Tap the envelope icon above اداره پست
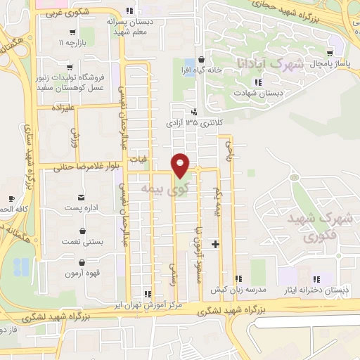82,196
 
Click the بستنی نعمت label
84,242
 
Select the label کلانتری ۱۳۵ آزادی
193,122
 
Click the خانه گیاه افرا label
202,70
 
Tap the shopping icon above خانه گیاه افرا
202,59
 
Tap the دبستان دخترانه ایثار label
316,290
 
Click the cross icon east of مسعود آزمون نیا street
215,244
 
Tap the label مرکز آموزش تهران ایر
147,306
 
